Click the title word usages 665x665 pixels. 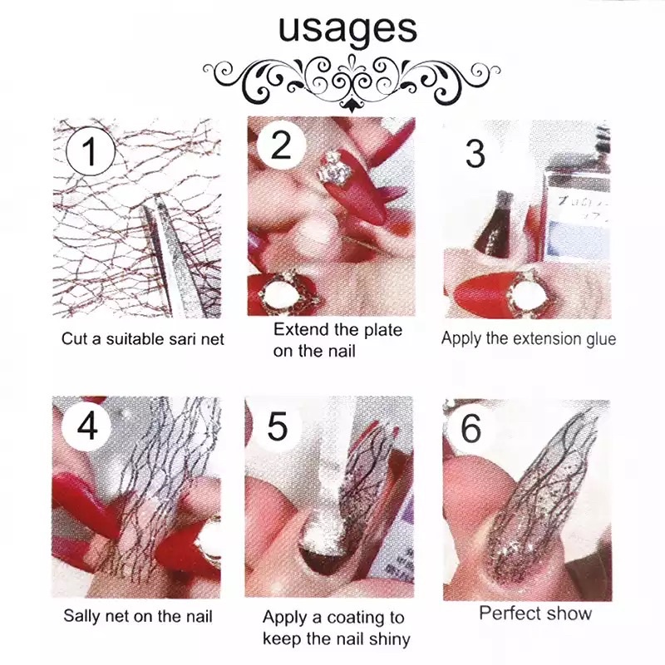pyautogui.click(x=347, y=30)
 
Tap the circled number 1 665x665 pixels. pyautogui.click(x=91, y=151)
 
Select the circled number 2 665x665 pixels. pyautogui.click(x=281, y=145)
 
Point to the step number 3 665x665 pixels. pyautogui.click(x=475, y=154)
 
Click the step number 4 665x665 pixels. pyautogui.click(x=88, y=426)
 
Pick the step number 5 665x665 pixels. pyautogui.click(x=278, y=427)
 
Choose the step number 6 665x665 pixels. pyautogui.click(x=470, y=428)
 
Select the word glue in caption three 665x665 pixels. pyautogui.click(x=599, y=340)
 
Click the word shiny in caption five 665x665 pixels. pyautogui.click(x=389, y=638)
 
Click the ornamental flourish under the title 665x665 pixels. pyautogui.click(x=351, y=82)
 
